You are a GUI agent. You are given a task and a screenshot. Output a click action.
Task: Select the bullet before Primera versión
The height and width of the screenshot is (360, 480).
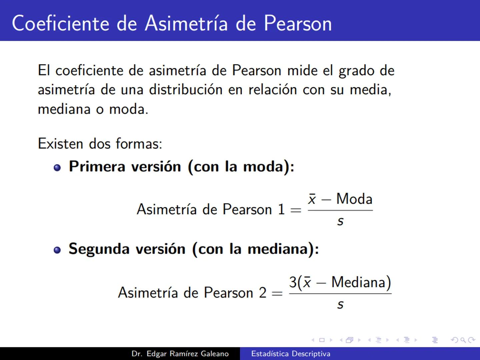point(57,167)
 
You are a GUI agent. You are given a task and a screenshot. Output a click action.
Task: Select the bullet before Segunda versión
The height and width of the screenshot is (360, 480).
point(57,250)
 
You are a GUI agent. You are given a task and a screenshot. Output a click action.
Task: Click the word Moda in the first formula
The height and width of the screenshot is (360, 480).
point(354,199)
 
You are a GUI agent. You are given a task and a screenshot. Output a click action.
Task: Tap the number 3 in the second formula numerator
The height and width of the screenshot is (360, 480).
point(293,282)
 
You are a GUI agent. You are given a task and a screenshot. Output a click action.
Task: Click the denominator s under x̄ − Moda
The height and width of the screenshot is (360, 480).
point(340,221)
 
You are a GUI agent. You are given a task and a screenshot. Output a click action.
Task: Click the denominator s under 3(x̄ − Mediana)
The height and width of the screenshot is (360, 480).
point(340,304)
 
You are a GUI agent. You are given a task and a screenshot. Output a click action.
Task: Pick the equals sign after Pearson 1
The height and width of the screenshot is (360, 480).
point(296,210)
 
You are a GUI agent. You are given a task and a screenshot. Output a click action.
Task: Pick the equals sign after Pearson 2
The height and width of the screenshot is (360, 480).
point(277,293)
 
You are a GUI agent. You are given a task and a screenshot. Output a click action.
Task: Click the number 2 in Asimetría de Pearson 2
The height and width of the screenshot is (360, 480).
point(263,293)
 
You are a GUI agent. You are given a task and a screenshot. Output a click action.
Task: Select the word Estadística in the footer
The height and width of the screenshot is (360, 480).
point(270,354)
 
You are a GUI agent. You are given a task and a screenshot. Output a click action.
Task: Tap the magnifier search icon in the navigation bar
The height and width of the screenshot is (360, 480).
point(463,340)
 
